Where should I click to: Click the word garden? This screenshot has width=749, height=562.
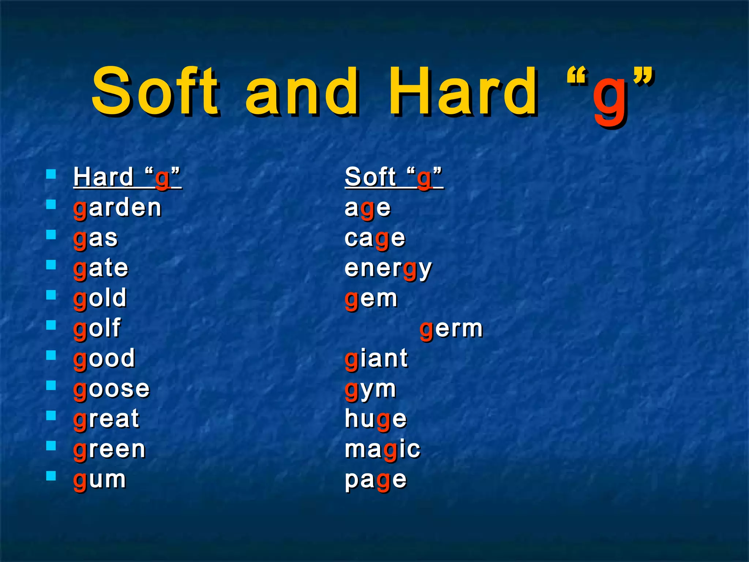point(117,208)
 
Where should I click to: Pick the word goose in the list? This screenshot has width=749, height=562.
point(112,389)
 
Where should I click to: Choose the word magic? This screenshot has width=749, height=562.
point(383,450)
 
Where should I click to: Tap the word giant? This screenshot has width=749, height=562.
point(376,359)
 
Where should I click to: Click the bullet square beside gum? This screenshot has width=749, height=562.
point(51,475)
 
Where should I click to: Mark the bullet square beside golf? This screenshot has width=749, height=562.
point(51,325)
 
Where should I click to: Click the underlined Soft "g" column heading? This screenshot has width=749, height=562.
point(394,177)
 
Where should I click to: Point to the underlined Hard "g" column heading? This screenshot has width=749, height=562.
point(127,177)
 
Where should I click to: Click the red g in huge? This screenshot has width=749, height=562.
point(383,421)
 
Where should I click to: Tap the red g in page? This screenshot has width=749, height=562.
point(383,482)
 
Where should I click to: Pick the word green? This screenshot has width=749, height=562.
point(109,450)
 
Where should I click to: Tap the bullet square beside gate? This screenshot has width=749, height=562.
point(51,264)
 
